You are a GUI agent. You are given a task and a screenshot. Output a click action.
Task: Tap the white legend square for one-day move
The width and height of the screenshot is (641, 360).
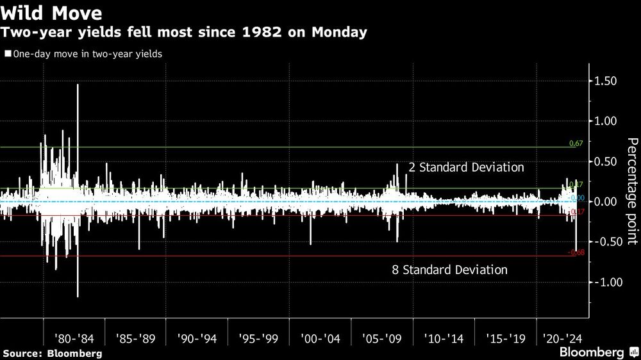(7, 54)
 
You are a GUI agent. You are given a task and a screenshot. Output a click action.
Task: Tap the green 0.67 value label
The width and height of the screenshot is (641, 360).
(576, 143)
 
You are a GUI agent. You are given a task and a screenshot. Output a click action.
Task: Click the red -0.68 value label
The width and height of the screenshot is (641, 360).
(576, 252)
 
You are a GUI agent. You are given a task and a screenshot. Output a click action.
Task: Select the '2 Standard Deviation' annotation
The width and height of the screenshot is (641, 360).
(466, 167)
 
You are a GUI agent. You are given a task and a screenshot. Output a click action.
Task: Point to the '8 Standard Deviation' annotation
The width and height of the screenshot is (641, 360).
(449, 270)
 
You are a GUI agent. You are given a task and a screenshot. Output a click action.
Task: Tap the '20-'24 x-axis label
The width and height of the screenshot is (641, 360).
(562, 338)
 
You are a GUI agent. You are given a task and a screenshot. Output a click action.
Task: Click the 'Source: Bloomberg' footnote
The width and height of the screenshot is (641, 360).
(52, 353)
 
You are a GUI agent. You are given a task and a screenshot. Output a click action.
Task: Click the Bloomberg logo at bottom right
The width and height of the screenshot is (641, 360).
(597, 352)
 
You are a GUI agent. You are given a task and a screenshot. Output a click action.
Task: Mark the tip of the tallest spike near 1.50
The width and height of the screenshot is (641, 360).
(78, 85)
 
